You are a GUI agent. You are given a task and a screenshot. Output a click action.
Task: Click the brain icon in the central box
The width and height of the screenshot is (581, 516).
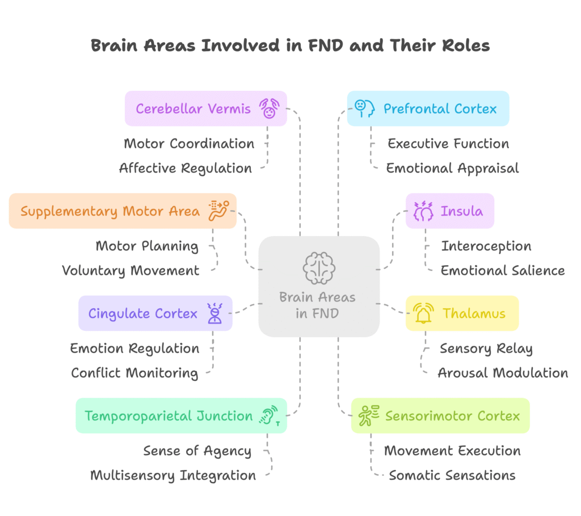(319, 268)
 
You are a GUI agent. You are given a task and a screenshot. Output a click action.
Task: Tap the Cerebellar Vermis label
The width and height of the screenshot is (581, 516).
(193, 108)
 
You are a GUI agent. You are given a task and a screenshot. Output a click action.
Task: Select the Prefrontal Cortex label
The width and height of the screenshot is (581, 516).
(440, 108)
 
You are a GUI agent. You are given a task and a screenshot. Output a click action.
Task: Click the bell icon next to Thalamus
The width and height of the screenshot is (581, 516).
(423, 313)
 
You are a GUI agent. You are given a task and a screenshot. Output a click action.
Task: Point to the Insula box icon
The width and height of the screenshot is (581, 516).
(423, 211)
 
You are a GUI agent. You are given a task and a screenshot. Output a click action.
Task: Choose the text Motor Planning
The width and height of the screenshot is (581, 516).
(147, 246)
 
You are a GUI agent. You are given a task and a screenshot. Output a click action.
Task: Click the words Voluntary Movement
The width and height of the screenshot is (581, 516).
(130, 271)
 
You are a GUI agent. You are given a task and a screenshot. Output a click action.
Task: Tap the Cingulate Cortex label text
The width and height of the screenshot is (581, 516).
(143, 313)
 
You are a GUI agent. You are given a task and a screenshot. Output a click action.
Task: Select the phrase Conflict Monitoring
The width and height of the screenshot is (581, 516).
(134, 373)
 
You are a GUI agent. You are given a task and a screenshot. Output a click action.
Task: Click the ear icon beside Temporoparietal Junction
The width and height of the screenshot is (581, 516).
(270, 416)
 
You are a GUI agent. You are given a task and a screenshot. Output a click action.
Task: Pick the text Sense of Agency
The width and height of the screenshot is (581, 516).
(197, 451)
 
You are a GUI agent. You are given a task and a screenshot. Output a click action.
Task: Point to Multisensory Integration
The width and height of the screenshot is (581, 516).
(173, 475)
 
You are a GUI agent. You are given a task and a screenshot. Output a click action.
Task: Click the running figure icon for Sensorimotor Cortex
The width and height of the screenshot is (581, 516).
(369, 416)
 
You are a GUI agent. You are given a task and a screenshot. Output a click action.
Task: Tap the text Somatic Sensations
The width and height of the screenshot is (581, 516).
(452, 475)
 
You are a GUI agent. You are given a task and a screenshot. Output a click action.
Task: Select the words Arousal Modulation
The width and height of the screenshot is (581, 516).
(503, 373)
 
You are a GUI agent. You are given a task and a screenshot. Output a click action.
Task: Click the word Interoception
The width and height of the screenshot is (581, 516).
(486, 246)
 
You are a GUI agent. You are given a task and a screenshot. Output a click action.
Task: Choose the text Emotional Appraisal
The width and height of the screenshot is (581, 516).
(452, 168)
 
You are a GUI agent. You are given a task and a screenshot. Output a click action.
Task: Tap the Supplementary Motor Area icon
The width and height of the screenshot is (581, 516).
(218, 211)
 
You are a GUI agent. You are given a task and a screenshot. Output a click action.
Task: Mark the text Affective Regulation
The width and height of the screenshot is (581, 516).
(186, 168)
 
